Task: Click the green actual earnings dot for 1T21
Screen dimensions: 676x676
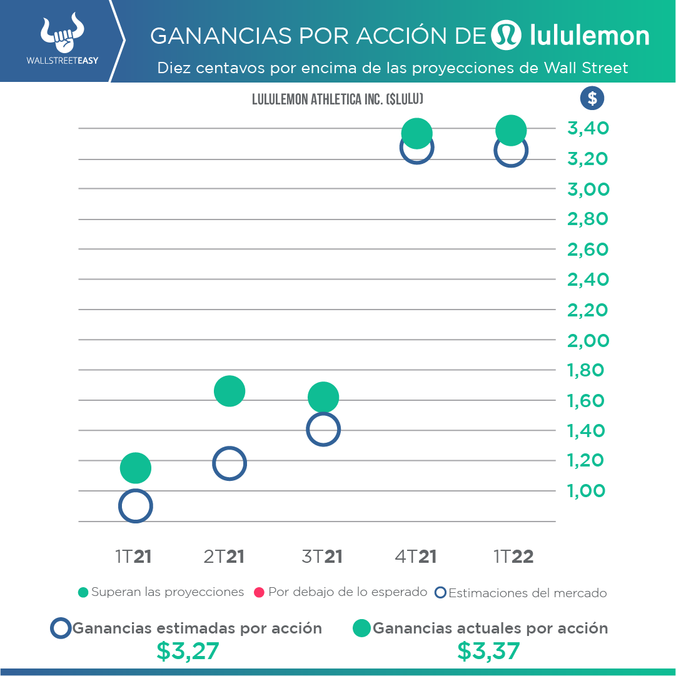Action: (x=135, y=468)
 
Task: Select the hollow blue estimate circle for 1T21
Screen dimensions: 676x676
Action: (x=135, y=506)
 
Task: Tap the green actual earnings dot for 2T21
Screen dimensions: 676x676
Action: (x=230, y=391)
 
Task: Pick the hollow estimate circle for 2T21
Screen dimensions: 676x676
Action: (x=230, y=463)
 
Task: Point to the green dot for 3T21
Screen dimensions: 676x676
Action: (x=323, y=397)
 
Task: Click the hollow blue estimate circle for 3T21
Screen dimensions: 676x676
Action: (x=323, y=430)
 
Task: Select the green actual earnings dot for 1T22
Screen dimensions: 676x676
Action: (x=511, y=130)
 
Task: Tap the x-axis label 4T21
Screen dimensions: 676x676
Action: (x=415, y=557)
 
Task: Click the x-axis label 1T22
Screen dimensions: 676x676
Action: (x=513, y=557)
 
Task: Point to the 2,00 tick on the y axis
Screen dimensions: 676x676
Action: (x=588, y=341)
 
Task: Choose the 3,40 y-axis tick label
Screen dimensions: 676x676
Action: (x=588, y=129)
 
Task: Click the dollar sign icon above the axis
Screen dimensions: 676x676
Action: (x=592, y=98)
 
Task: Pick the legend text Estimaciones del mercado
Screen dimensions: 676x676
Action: (x=528, y=593)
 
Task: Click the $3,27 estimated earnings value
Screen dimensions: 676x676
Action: (x=188, y=652)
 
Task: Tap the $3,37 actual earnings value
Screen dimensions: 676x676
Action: (x=488, y=652)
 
